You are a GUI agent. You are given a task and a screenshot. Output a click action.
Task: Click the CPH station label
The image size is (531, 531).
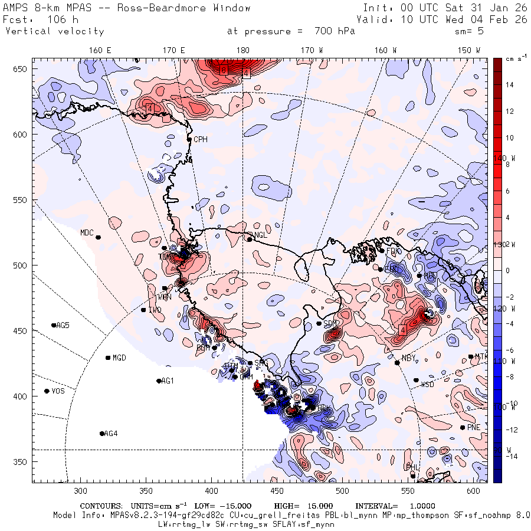tap(201, 140)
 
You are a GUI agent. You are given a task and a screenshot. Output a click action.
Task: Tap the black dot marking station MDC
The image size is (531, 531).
tap(99, 237)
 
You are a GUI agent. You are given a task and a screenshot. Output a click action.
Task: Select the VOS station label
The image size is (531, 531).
tap(58, 391)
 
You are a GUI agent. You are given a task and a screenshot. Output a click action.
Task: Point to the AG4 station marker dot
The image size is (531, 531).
tap(102, 434)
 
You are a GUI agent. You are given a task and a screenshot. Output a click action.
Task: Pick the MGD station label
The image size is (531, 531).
tap(119, 358)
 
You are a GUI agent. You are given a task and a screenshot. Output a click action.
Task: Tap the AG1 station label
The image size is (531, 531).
tap(168, 381)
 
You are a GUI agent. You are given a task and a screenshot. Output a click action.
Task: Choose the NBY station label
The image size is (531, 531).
tap(408, 359)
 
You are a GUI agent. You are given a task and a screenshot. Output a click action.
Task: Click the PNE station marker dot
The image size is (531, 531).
tap(463, 428)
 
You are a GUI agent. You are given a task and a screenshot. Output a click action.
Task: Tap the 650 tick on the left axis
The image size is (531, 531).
tap(22, 70)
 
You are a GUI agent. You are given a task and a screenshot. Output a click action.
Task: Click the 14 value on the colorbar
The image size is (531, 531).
tap(510, 85)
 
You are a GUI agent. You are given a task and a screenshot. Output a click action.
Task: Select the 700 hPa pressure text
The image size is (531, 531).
tap(332, 31)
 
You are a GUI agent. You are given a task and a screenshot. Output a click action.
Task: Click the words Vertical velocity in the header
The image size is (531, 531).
tap(54, 31)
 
